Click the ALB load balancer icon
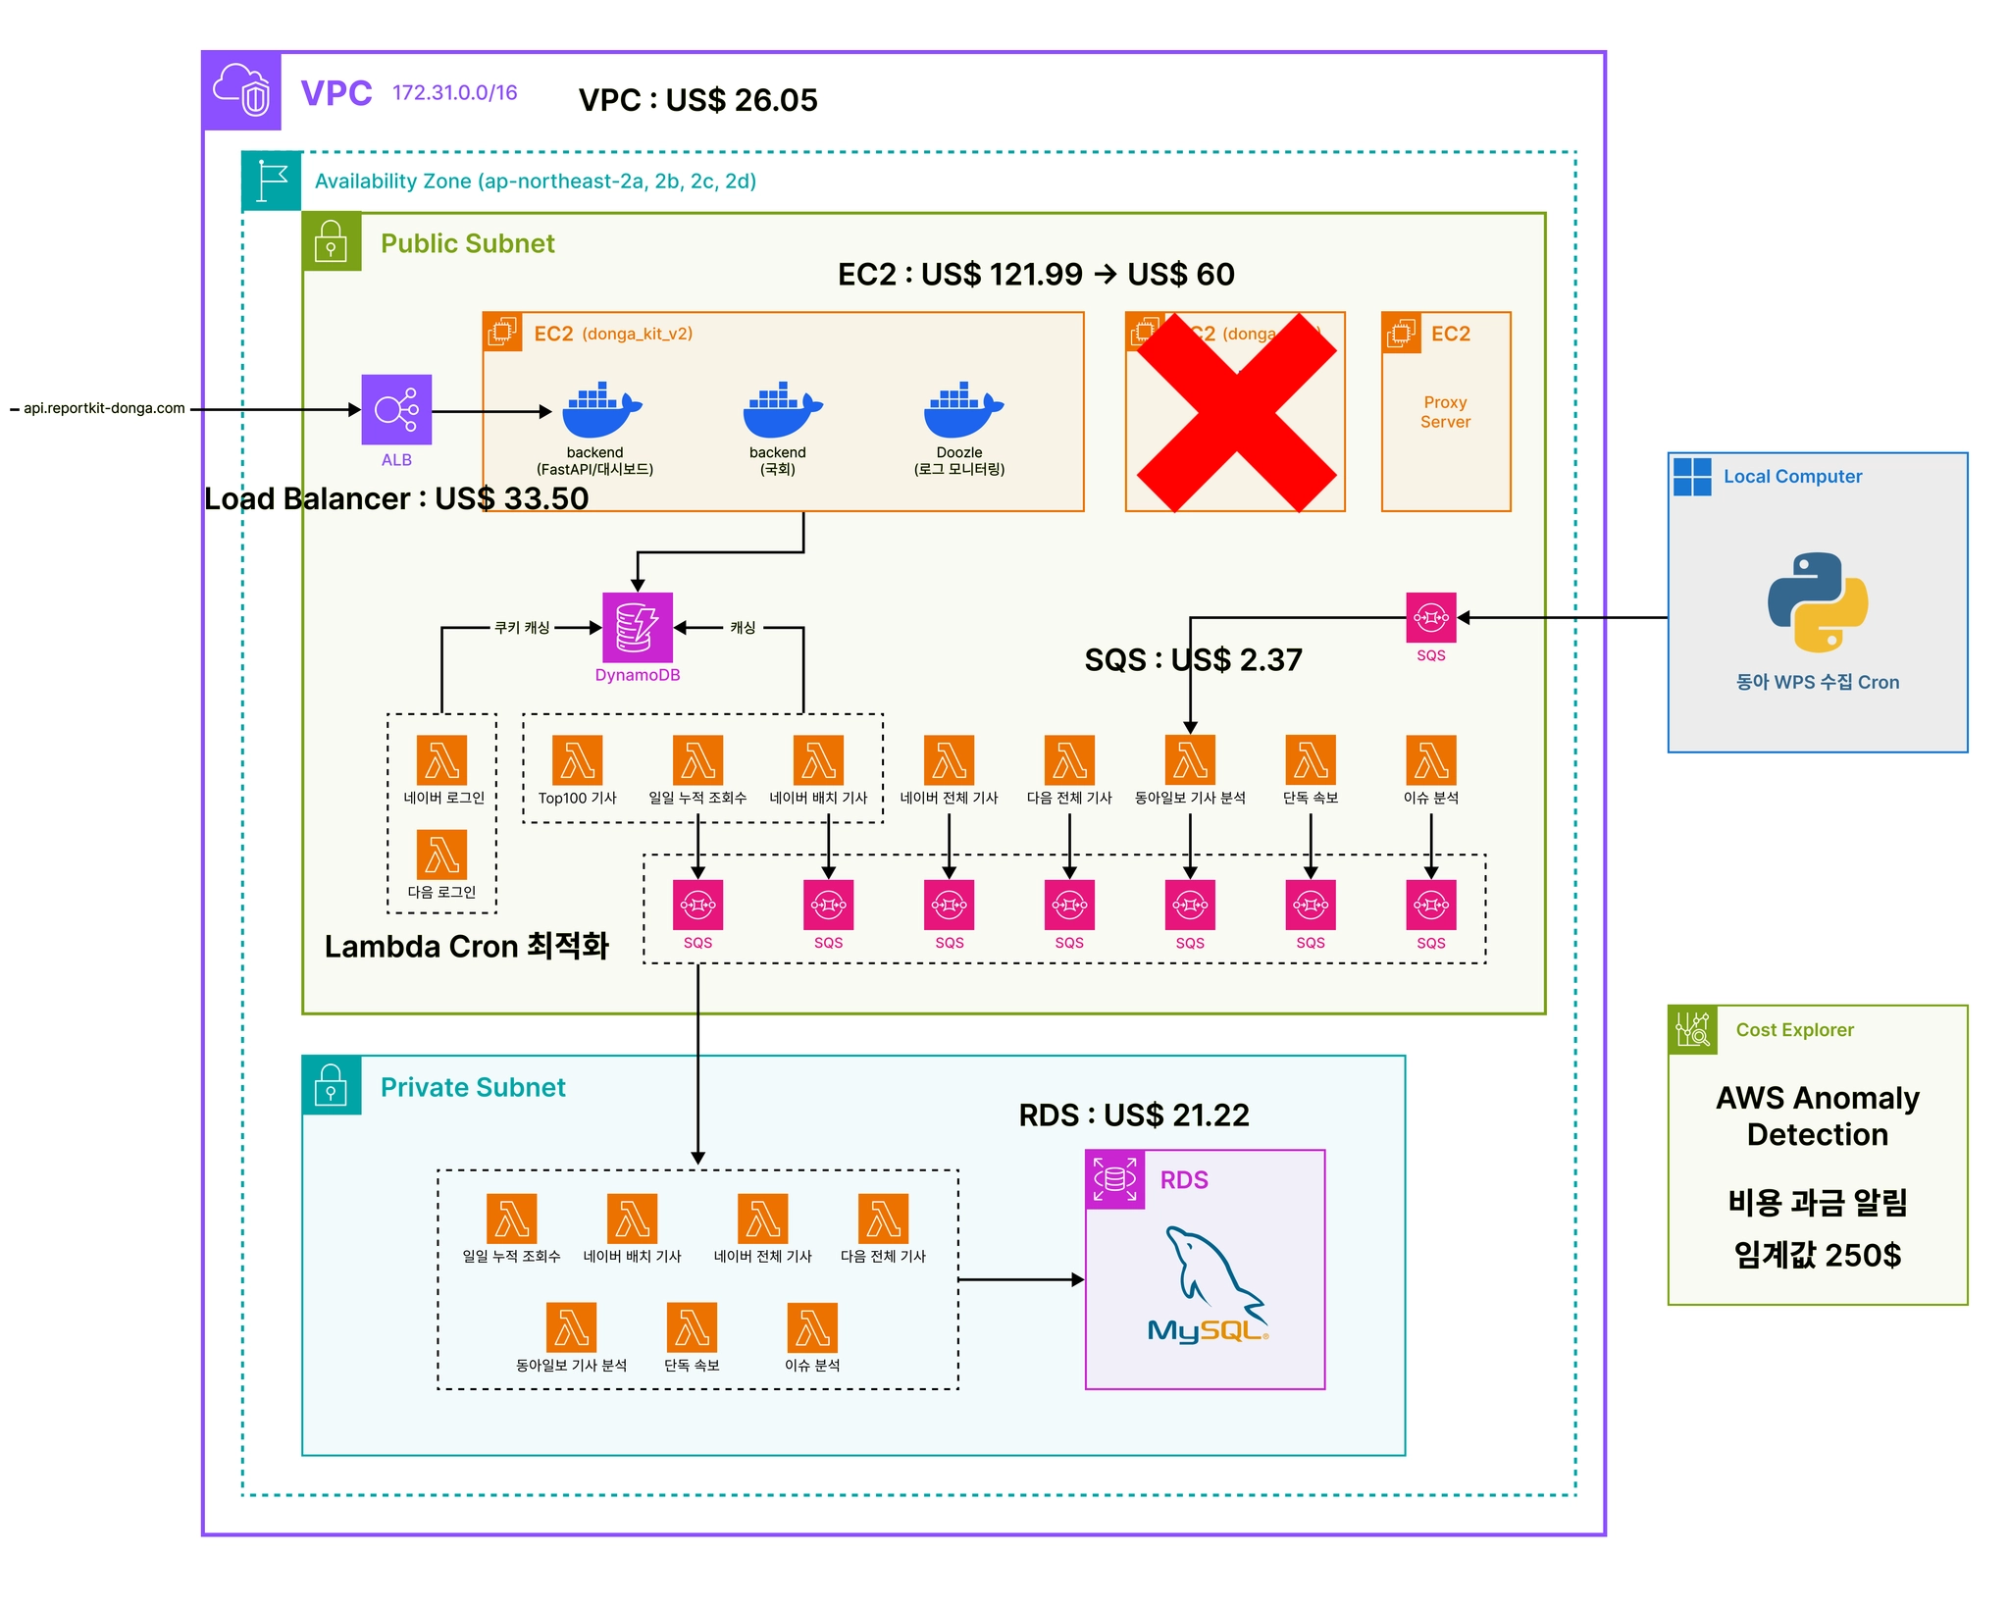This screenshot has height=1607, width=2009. (396, 409)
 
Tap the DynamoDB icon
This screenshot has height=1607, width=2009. (637, 627)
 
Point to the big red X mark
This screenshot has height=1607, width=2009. (1236, 412)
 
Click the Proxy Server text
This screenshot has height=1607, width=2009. (1445, 412)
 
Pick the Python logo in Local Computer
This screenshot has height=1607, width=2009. (1817, 601)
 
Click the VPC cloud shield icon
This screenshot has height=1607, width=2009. (242, 91)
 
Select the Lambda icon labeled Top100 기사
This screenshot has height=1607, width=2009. (577, 760)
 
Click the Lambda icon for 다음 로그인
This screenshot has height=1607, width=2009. (441, 855)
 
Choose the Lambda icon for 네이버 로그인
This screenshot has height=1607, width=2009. (441, 760)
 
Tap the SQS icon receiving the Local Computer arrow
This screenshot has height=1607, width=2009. (1430, 618)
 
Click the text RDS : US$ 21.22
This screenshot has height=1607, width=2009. (1133, 1115)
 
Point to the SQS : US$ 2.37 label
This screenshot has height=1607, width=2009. (1193, 659)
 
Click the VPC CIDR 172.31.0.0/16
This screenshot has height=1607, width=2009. (454, 93)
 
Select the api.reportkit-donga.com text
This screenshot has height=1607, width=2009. (104, 409)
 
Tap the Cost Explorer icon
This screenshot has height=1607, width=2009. (1692, 1030)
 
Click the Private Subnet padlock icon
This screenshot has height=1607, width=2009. (331, 1085)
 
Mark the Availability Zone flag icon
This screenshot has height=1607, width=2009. (271, 181)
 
